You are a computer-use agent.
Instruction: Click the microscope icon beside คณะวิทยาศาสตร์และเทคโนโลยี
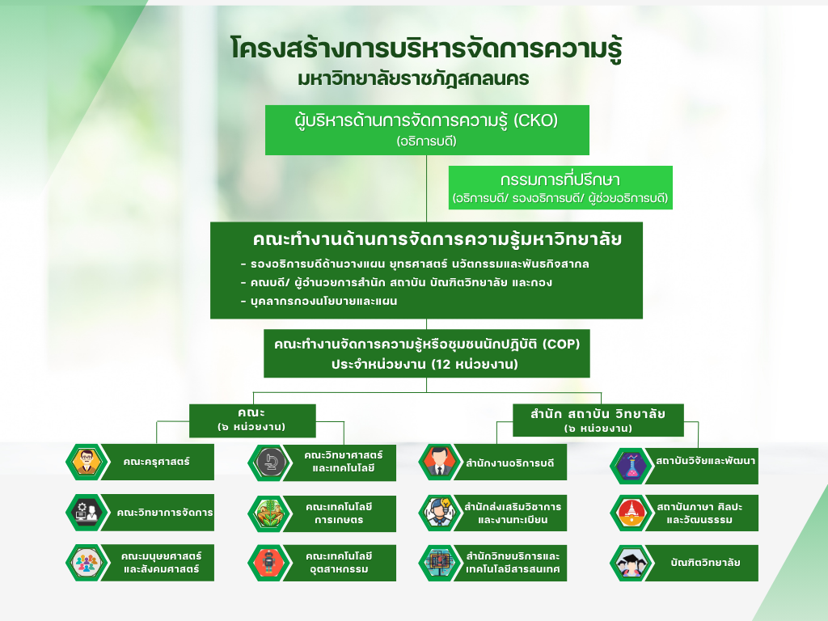(270, 463)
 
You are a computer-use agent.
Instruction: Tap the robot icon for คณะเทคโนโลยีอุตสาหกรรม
(270, 563)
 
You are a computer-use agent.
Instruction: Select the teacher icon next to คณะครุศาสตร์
(87, 462)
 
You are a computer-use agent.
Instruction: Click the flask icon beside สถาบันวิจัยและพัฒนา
(632, 466)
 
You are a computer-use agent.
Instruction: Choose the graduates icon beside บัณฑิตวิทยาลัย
(632, 563)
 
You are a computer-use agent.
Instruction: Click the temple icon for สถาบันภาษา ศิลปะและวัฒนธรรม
(632, 513)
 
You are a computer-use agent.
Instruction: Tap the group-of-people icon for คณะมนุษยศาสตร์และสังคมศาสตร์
(87, 563)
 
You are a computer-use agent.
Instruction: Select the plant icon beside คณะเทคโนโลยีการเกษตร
(270, 513)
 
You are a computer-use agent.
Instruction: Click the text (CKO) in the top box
(535, 121)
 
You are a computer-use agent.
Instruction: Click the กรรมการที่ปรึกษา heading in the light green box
(560, 180)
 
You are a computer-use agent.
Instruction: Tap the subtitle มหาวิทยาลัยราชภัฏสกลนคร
(413, 79)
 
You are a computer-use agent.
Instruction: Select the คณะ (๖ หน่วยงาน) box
(252, 420)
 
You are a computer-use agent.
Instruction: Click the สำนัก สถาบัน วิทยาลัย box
(598, 420)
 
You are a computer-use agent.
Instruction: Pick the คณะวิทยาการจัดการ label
(165, 513)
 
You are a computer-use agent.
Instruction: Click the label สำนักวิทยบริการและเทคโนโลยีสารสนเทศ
(512, 563)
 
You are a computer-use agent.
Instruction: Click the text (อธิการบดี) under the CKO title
(427, 142)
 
